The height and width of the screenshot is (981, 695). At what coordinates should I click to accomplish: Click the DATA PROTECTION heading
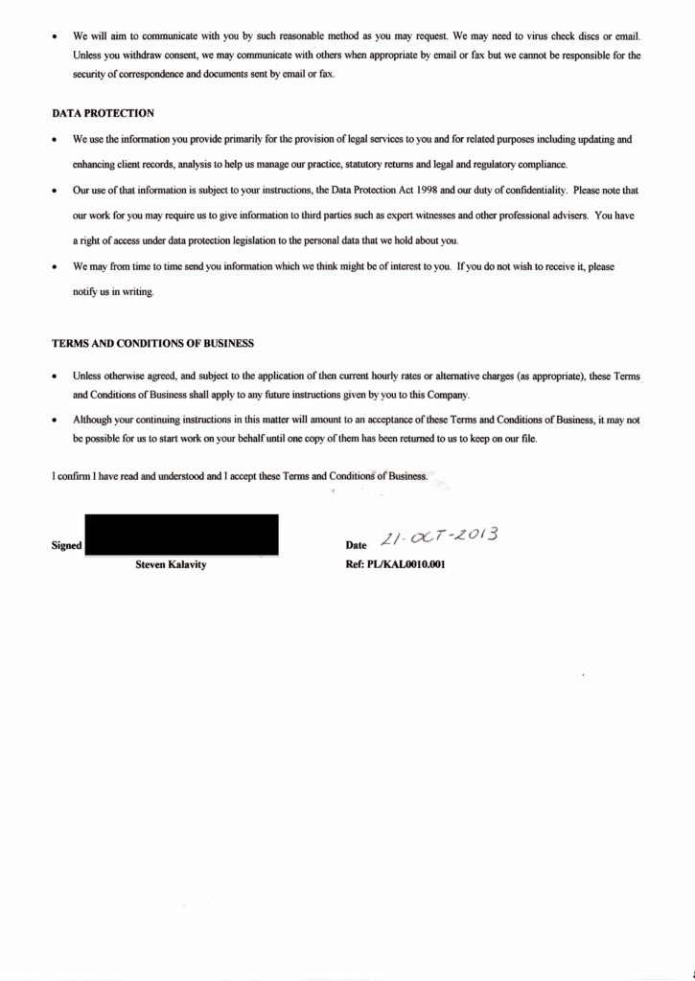coord(103,113)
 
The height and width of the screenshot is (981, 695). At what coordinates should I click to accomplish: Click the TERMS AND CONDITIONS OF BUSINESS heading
coord(152,343)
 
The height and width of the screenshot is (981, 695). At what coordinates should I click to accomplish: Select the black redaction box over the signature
coord(181,535)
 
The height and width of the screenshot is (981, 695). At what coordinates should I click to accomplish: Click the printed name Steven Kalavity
coord(171,564)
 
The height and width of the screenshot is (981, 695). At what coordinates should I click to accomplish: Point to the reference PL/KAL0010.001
coord(395,564)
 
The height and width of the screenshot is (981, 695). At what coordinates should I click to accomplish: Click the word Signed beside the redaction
coord(66,546)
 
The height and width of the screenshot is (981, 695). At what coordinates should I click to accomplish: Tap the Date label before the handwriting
coord(356,546)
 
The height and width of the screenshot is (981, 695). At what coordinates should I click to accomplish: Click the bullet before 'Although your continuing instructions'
coord(56,421)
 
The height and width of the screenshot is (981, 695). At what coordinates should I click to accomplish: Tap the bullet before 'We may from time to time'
coord(56,266)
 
